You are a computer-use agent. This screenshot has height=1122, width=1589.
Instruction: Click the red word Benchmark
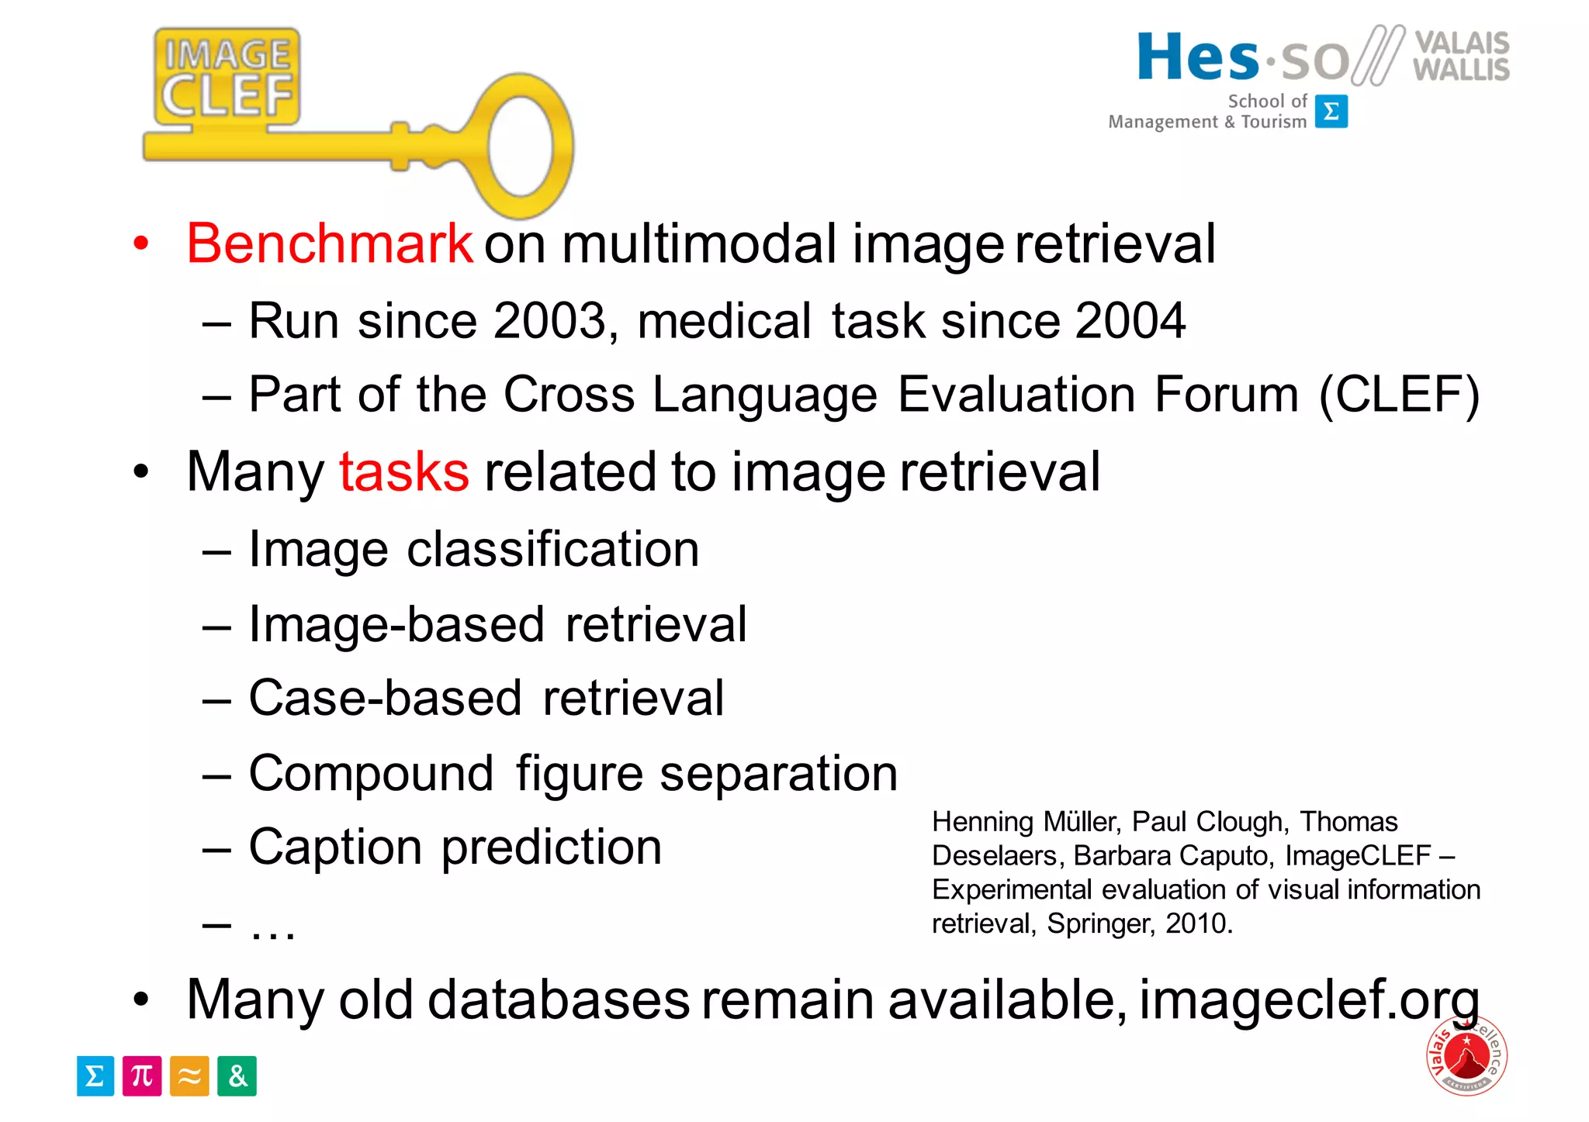330,244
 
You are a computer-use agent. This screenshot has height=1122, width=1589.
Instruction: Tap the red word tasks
403,471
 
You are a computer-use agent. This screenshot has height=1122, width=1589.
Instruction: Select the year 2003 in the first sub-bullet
549,321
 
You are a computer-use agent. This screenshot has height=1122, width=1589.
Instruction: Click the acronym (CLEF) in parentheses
1399,395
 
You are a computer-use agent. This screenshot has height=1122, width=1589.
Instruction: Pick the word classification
552,550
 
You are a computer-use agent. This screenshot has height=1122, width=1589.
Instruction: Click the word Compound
371,774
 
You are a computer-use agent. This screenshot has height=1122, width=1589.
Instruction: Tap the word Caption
335,847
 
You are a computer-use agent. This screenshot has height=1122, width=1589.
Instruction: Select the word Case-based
385,698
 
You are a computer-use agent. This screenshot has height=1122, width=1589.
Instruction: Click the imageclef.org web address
1309,1000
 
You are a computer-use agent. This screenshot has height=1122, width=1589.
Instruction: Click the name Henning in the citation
982,822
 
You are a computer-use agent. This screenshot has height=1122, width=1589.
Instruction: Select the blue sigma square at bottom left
95,1075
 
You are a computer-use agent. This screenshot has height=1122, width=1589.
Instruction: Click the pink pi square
142,1075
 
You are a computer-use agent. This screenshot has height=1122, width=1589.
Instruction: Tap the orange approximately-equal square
189,1075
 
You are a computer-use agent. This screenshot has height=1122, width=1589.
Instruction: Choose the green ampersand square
237,1075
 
